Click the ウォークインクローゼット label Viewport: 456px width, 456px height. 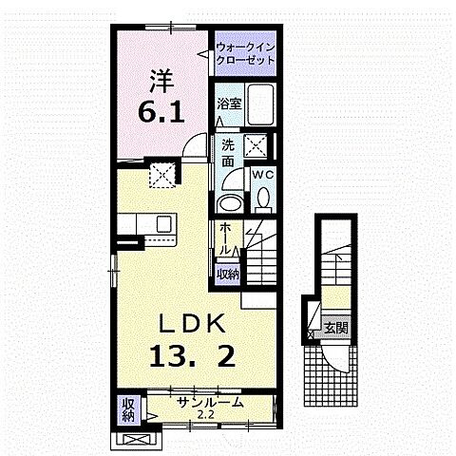click(245, 53)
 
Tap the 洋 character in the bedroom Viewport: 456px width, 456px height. click(161, 81)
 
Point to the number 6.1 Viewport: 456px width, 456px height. click(161, 113)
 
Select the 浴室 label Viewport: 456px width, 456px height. click(230, 104)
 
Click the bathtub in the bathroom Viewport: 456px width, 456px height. click(260, 104)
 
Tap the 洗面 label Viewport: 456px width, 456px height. click(228, 153)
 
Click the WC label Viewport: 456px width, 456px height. click(262, 175)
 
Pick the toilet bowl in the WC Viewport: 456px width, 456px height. click(263, 199)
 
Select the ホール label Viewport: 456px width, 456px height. click(225, 238)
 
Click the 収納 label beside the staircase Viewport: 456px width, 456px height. click(228, 275)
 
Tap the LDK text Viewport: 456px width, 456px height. click(192, 324)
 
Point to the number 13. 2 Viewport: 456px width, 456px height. click(192, 355)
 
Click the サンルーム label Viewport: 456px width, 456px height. click(210, 403)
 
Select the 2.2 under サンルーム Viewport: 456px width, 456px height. click(206, 414)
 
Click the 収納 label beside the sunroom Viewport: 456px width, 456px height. click(128, 410)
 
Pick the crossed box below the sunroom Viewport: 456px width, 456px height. click(133, 440)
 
